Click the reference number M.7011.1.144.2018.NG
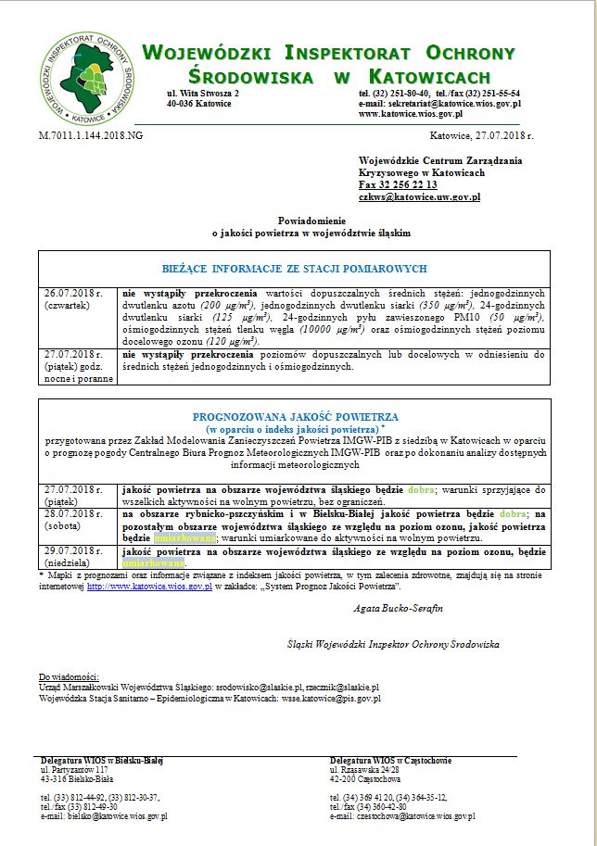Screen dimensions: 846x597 (91, 135)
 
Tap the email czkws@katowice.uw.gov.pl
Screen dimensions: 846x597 (419, 196)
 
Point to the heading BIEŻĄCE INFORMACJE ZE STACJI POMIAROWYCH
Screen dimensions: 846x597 (294, 269)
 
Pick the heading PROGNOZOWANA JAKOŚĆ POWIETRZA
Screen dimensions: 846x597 (295, 418)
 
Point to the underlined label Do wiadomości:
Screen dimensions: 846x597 (69, 677)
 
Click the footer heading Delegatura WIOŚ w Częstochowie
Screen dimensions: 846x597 (390, 761)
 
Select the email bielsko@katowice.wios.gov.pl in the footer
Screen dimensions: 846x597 (104, 815)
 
